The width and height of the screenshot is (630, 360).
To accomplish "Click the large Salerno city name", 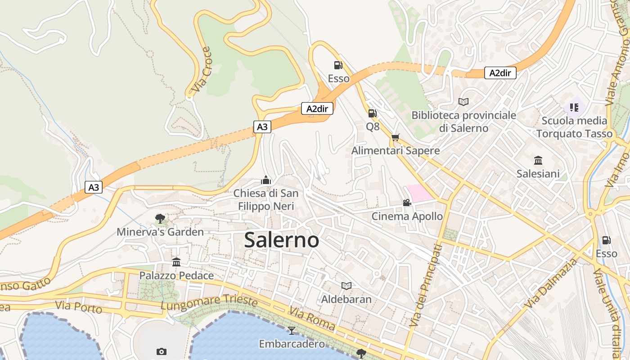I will tap(282, 240).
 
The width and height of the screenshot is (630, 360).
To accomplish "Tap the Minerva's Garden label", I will tap(160, 232).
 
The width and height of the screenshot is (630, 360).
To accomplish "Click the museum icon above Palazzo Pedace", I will tap(176, 262).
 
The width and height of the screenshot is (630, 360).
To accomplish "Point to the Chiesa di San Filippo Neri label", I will tap(265, 200).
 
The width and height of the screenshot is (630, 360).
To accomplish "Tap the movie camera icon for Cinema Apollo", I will tap(407, 203).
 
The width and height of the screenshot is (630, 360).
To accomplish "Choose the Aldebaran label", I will tap(346, 299).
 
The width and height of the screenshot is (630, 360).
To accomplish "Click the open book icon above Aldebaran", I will tap(346, 286).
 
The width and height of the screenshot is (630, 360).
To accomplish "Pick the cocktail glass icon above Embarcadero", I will tap(292, 331).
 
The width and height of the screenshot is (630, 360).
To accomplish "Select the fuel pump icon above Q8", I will tap(372, 113).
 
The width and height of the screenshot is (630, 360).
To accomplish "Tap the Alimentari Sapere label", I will tap(396, 151).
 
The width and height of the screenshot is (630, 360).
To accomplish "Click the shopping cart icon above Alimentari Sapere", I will tap(395, 137).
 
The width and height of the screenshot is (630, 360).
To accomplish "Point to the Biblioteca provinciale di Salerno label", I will tap(463, 121).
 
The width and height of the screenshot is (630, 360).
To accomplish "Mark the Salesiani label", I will tap(538, 174).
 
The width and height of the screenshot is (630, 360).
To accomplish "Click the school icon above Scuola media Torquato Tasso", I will tap(574, 107).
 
